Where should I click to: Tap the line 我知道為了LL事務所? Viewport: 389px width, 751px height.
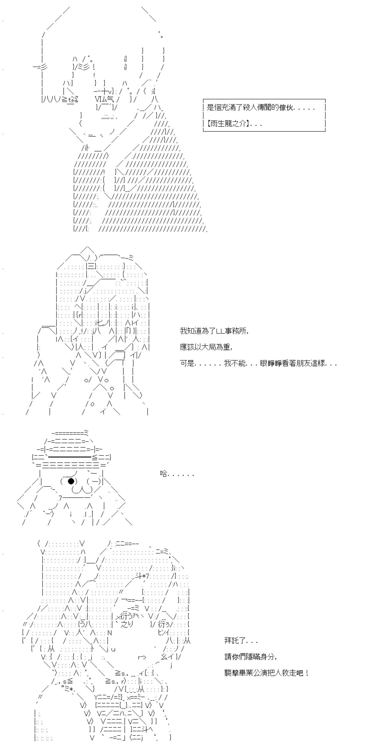point(214,331)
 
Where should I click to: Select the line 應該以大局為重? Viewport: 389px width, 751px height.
point(206,347)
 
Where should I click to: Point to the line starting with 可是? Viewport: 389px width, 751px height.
point(259,363)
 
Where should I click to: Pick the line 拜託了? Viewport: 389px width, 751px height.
point(241,641)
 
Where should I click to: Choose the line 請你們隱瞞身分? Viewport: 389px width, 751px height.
point(251,657)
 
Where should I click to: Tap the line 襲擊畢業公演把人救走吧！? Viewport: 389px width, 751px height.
point(267,673)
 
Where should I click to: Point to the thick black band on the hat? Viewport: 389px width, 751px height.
point(69,457)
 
